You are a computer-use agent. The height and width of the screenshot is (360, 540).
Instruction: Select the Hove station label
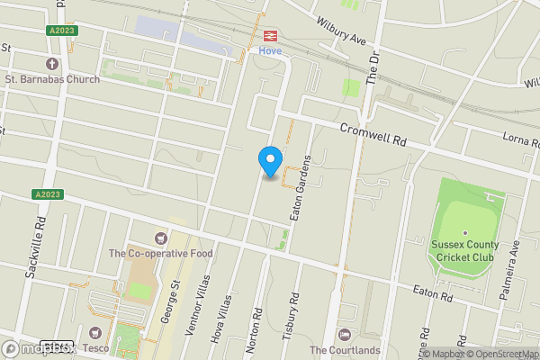coord(270,50)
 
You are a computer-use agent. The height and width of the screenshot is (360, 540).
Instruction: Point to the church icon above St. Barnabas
coord(51,64)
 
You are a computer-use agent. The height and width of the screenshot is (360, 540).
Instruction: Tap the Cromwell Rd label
coord(373,135)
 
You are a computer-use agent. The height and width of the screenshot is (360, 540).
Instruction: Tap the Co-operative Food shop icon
coord(161,238)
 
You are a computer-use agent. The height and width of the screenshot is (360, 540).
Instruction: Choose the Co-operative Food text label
coord(161,254)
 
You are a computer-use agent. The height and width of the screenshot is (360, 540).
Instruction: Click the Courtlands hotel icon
coord(344,335)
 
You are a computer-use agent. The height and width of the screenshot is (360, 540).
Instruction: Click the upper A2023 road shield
coord(63,30)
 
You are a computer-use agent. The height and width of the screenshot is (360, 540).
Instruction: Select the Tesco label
coord(96,347)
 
